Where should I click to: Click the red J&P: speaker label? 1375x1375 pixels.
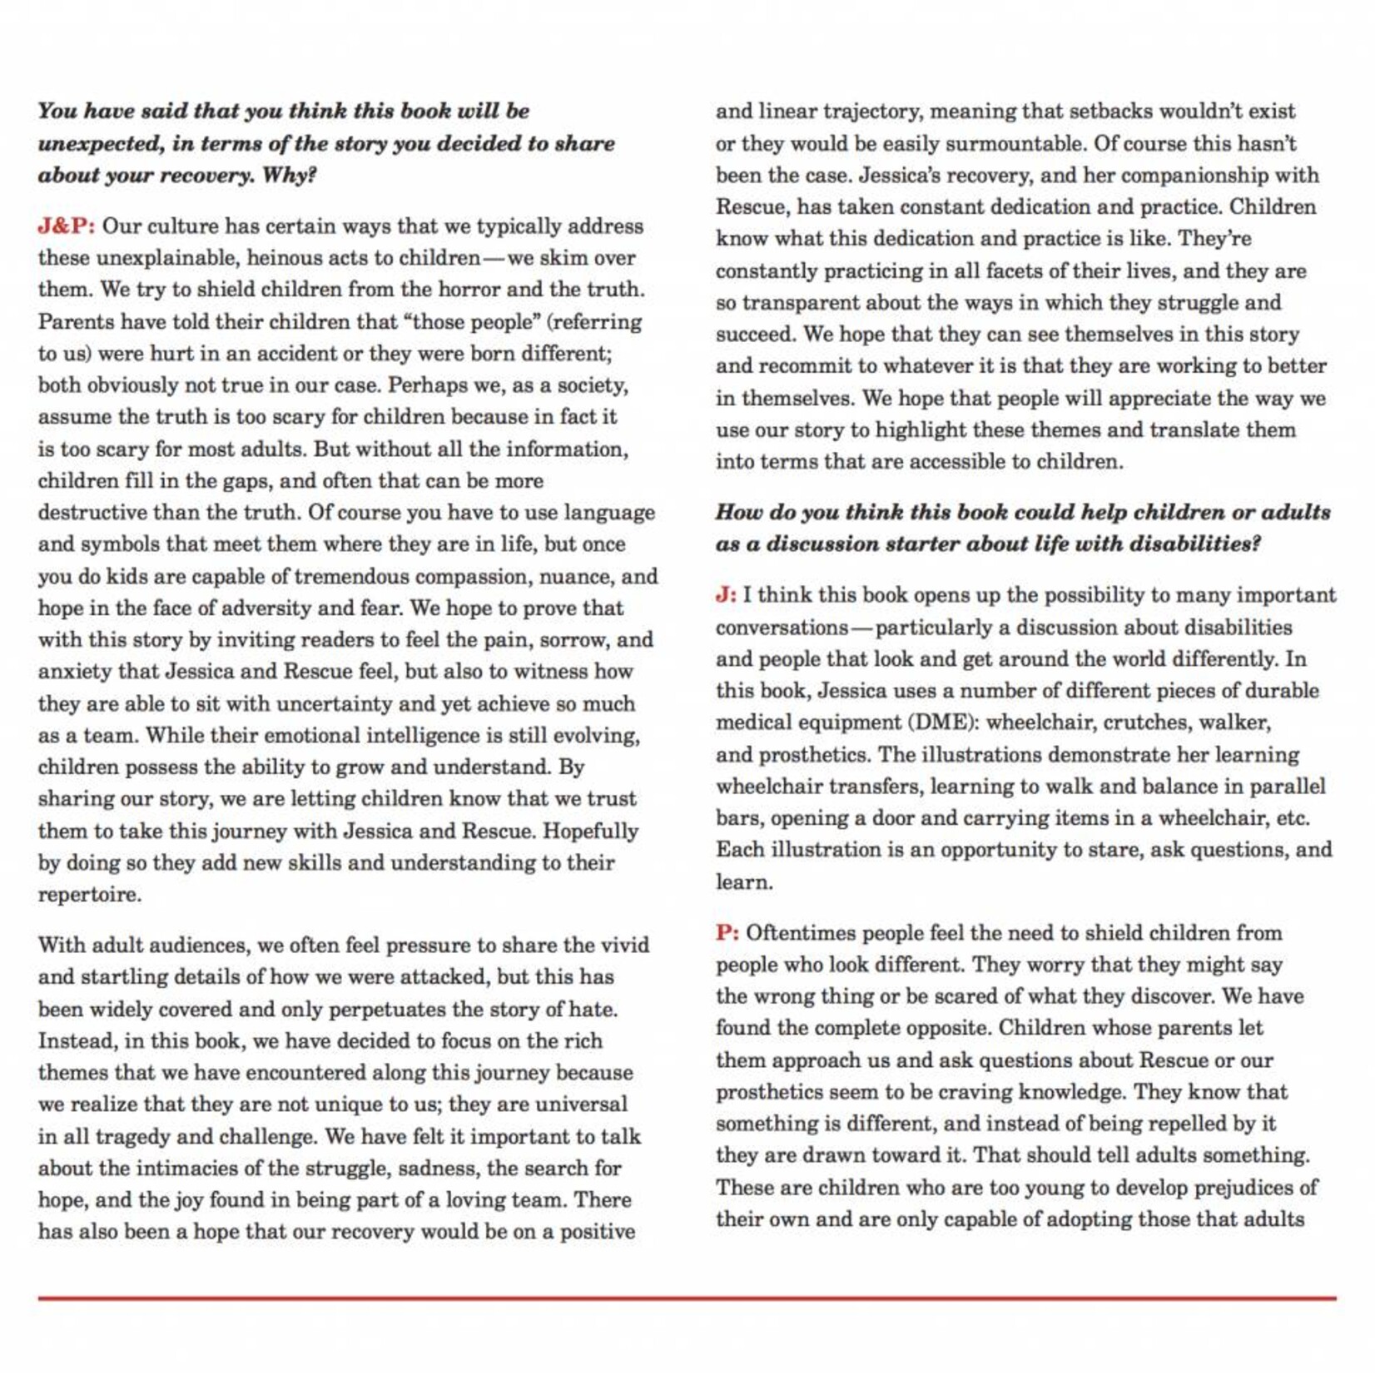(x=67, y=226)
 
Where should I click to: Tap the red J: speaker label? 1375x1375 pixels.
(x=726, y=595)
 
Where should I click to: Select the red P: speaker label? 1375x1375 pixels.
(x=727, y=933)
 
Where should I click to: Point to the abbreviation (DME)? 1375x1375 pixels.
(x=945, y=722)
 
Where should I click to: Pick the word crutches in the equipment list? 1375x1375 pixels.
(x=1146, y=722)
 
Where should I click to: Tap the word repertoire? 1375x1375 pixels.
(x=89, y=895)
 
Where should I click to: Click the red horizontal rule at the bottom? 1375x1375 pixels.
(x=687, y=1298)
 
